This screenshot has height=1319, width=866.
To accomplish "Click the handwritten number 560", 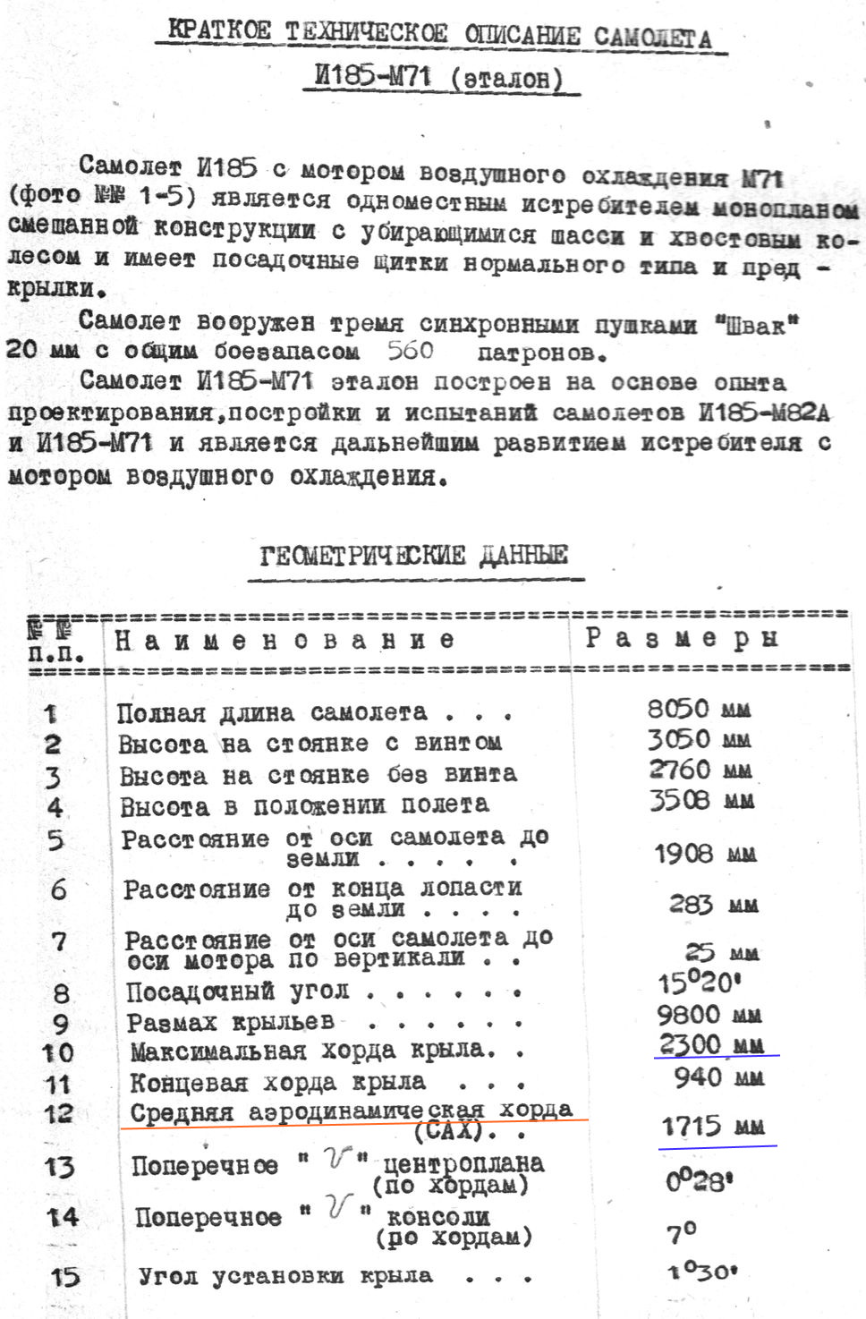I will (x=411, y=350).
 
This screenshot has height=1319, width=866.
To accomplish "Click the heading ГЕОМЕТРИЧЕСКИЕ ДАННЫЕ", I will (x=413, y=556).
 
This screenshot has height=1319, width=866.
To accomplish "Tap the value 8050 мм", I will (x=698, y=709).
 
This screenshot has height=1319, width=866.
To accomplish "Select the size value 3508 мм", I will (x=700, y=799).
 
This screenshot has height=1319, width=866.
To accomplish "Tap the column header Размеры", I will (x=681, y=638).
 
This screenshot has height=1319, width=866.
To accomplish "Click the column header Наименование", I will (x=284, y=640).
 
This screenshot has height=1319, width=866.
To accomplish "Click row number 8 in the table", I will (x=61, y=992).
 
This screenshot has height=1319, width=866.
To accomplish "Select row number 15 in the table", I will (x=64, y=1276).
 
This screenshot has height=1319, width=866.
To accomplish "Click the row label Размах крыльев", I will (x=231, y=1022).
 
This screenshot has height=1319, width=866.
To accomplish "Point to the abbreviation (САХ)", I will (x=449, y=1130).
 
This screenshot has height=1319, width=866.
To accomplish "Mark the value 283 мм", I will (x=713, y=904).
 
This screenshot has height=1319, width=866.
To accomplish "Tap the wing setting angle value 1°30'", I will (x=702, y=1271).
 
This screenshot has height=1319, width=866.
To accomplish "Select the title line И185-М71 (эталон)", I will (x=439, y=77).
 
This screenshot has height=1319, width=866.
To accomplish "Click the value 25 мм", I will (x=721, y=952).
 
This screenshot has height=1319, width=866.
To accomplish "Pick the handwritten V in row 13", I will (x=336, y=1160).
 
